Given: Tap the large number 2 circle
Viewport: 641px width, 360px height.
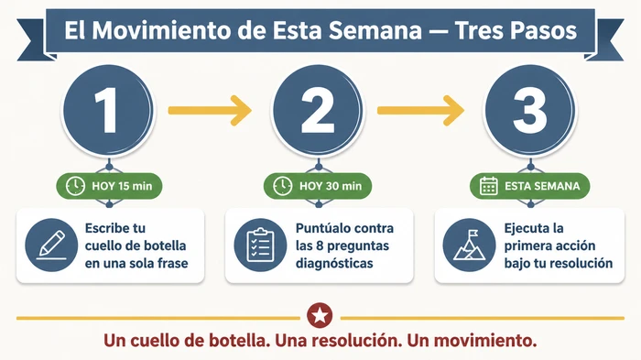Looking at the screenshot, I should coord(319,111).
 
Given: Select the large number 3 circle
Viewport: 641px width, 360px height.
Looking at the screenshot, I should coord(530,111).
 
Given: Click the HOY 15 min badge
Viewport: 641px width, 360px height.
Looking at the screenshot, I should coord(110,187).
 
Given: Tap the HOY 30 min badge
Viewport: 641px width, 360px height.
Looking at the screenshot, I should coord(319,187).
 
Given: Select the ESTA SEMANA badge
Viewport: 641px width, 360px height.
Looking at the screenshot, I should coord(530,187).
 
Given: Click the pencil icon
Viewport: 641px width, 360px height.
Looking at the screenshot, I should coord(51,245).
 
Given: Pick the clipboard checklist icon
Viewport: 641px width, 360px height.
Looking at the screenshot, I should coord(260,245).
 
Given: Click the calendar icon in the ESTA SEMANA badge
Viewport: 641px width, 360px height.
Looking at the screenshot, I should coord(489,187).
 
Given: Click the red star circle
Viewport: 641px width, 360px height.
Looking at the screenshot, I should coord(320,316).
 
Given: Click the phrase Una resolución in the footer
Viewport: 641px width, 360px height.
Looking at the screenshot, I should coord(349,342).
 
